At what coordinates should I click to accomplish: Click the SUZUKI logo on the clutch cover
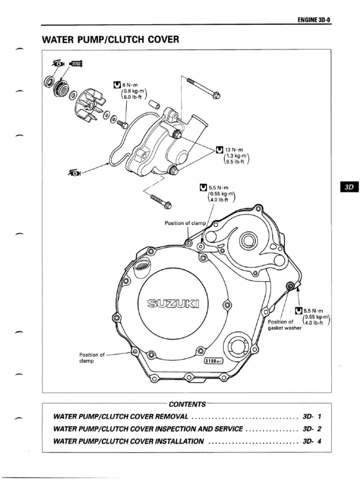(x=173, y=304)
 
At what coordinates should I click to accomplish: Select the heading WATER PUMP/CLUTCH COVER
(x=111, y=40)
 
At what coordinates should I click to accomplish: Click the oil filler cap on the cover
(x=142, y=270)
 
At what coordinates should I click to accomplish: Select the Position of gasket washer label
(x=284, y=325)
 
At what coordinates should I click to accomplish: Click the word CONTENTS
(x=187, y=404)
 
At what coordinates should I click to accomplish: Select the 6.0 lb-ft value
(x=134, y=98)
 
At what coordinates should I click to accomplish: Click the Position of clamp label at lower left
(x=92, y=358)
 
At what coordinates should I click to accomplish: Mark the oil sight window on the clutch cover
(x=239, y=346)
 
